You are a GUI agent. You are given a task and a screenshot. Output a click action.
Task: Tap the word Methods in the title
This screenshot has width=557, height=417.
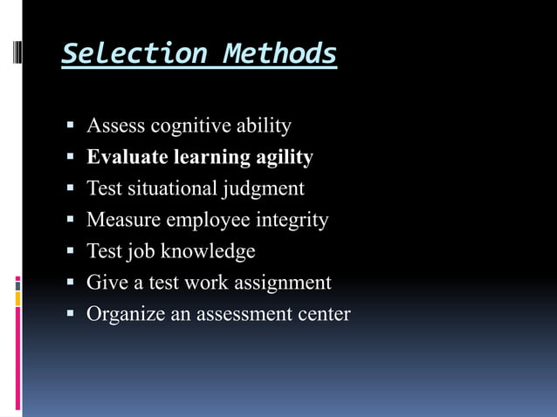279,54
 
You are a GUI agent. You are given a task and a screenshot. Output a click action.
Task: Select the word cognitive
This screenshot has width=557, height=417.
190,126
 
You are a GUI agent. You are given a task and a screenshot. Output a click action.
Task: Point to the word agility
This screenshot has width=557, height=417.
282,158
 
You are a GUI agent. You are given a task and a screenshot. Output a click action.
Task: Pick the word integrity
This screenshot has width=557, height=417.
292,220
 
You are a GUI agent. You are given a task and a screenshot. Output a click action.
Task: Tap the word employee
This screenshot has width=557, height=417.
207,220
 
